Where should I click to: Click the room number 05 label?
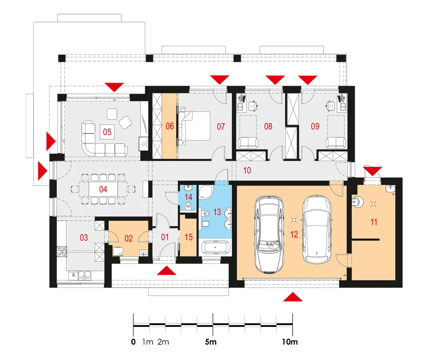click(x=107, y=132)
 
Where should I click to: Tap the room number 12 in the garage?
click(x=294, y=234)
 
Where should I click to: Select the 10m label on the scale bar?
click(x=290, y=342)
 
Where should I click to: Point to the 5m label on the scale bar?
click(x=211, y=342)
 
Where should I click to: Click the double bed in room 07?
click(x=194, y=126)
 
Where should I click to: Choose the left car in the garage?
click(x=269, y=234)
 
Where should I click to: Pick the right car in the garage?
click(x=317, y=229)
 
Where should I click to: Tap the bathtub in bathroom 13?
click(x=215, y=247)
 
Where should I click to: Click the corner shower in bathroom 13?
click(x=206, y=192)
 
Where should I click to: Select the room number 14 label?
click(x=188, y=197)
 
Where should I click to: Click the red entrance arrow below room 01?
click(x=167, y=271)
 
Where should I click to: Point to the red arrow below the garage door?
click(x=293, y=297)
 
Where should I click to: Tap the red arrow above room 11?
click(x=373, y=171)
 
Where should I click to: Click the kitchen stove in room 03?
click(x=62, y=252)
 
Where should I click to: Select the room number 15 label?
click(x=189, y=237)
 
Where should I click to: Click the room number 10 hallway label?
click(x=247, y=171)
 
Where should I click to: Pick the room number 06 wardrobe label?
click(x=170, y=126)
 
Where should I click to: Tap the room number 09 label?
click(x=315, y=126)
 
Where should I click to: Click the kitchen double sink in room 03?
click(x=84, y=275)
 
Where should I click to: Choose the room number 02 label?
click(x=129, y=238)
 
